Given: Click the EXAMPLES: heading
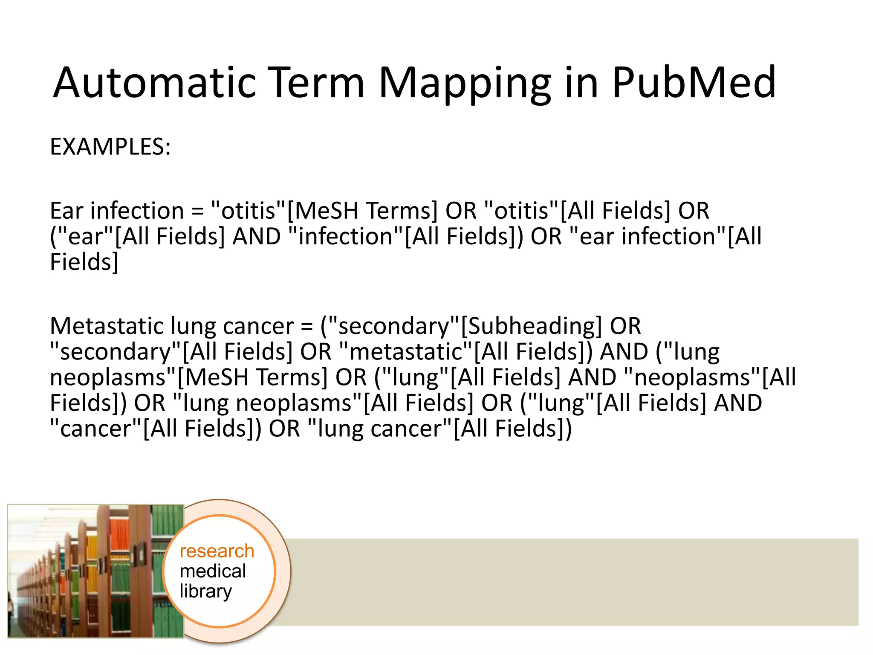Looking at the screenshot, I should coord(110,147).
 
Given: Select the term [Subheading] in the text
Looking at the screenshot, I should coord(531,326).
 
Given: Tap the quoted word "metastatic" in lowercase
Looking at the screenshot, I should coord(407,352).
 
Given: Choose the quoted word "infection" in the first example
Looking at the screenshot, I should coord(346,237).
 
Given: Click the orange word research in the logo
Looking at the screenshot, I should coord(217,551).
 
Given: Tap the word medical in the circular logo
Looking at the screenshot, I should coord(213,571).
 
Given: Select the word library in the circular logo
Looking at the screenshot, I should coord(205,591).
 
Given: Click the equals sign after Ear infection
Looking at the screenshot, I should coord(197,212).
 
